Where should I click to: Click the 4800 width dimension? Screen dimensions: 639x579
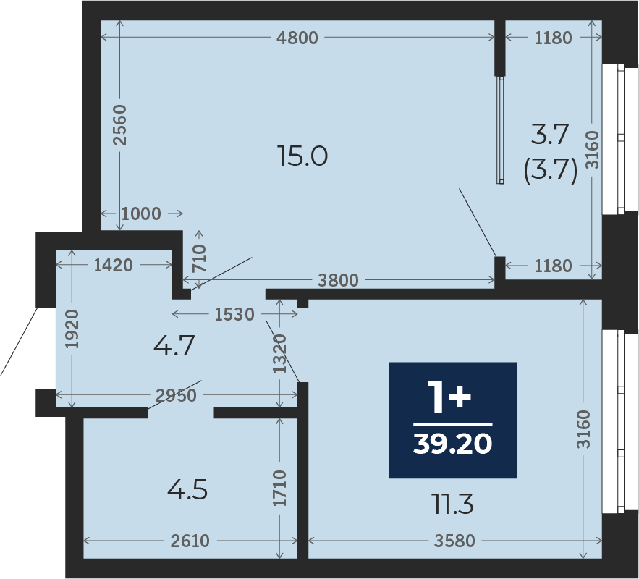pyautogui.click(x=297, y=38)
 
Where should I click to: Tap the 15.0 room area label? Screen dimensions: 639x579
pyautogui.click(x=302, y=156)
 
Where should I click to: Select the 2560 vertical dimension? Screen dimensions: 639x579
pyautogui.click(x=120, y=124)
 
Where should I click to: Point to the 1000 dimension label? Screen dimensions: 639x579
pyautogui.click(x=141, y=214)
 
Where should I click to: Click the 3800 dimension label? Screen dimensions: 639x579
pyautogui.click(x=338, y=280)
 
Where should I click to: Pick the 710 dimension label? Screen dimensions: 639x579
pyautogui.click(x=199, y=258)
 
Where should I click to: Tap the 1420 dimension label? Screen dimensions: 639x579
pyautogui.click(x=114, y=266)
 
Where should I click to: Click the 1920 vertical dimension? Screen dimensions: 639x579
pyautogui.click(x=72, y=329)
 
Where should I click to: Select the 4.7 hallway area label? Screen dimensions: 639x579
pyautogui.click(x=174, y=345)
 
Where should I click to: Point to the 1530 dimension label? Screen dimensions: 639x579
pyautogui.click(x=234, y=314)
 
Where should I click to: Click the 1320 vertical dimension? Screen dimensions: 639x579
pyautogui.click(x=280, y=353)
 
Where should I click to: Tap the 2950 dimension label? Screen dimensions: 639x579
pyautogui.click(x=176, y=395)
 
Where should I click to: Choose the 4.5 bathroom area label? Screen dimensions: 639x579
pyautogui.click(x=187, y=490)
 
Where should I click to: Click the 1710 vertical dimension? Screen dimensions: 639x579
pyautogui.click(x=280, y=488)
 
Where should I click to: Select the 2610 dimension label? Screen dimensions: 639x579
pyautogui.click(x=190, y=541)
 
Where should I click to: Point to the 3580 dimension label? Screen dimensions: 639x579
pyautogui.click(x=454, y=541)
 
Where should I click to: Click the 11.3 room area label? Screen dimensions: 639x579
pyautogui.click(x=453, y=504)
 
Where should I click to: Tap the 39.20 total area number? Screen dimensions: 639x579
pyautogui.click(x=452, y=444)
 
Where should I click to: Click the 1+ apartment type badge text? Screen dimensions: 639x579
pyautogui.click(x=449, y=397)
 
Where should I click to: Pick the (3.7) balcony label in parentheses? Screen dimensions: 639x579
pyautogui.click(x=550, y=170)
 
